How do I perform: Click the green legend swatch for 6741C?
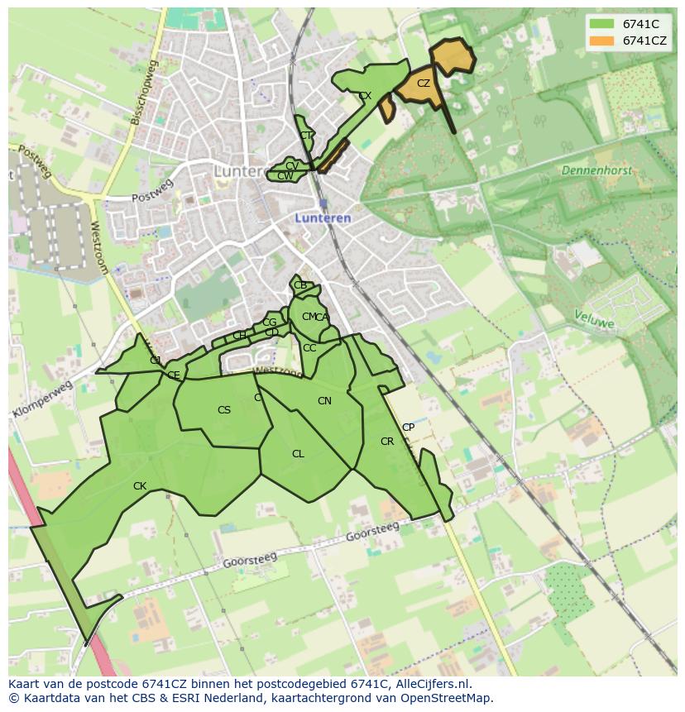pyautogui.click(x=601, y=25)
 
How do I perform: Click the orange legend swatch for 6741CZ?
pyautogui.click(x=601, y=41)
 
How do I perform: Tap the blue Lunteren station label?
pyautogui.click(x=323, y=217)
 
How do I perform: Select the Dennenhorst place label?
pyautogui.click(x=596, y=170)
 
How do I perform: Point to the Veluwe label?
pyautogui.click(x=595, y=318)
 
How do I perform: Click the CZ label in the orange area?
pyautogui.click(x=424, y=84)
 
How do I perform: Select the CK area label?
pyautogui.click(x=140, y=486)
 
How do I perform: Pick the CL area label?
pyautogui.click(x=298, y=454)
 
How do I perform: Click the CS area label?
pyautogui.click(x=224, y=410)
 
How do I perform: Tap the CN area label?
pyautogui.click(x=324, y=401)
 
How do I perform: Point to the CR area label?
pyautogui.click(x=387, y=442)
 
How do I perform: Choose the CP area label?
pyautogui.click(x=408, y=428)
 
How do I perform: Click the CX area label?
pyautogui.click(x=365, y=96)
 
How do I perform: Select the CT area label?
pyautogui.click(x=306, y=136)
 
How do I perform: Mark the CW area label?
pyautogui.click(x=285, y=176)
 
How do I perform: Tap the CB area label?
pyautogui.click(x=300, y=285)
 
